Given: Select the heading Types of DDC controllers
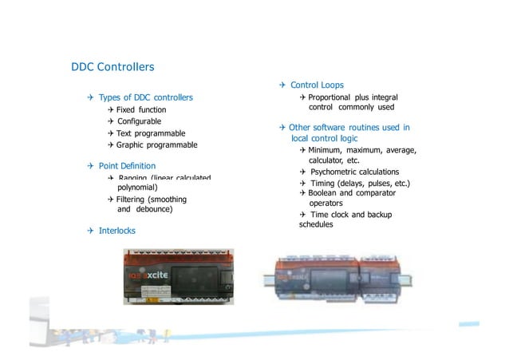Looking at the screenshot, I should point(145,97).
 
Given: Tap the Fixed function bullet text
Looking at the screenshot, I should point(141,109).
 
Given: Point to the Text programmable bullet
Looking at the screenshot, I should point(151,133).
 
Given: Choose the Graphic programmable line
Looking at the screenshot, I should point(156,145).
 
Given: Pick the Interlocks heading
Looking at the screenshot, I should point(116,230).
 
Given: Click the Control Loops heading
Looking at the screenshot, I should point(317,85).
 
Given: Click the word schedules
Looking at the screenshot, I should point(316,224).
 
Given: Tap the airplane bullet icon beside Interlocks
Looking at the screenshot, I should point(91,230).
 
